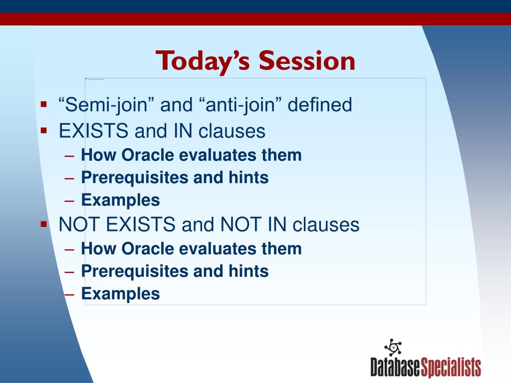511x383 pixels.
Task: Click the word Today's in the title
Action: tap(203, 61)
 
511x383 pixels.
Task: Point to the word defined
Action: tap(320, 105)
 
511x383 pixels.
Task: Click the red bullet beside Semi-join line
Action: tap(44, 105)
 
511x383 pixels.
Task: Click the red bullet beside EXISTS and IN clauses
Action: tap(44, 131)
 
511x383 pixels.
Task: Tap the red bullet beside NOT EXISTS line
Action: tap(44, 224)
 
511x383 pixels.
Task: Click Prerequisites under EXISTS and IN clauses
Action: tap(135, 178)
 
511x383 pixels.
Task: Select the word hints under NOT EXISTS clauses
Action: tap(249, 271)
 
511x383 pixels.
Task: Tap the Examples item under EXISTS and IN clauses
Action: tap(121, 200)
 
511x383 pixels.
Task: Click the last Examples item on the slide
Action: tap(121, 294)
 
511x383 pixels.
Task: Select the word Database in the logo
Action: tap(395, 368)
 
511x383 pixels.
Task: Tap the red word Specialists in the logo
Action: tap(451, 368)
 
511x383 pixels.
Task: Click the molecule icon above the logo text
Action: tap(393, 347)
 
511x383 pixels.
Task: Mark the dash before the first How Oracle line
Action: tap(69, 156)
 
